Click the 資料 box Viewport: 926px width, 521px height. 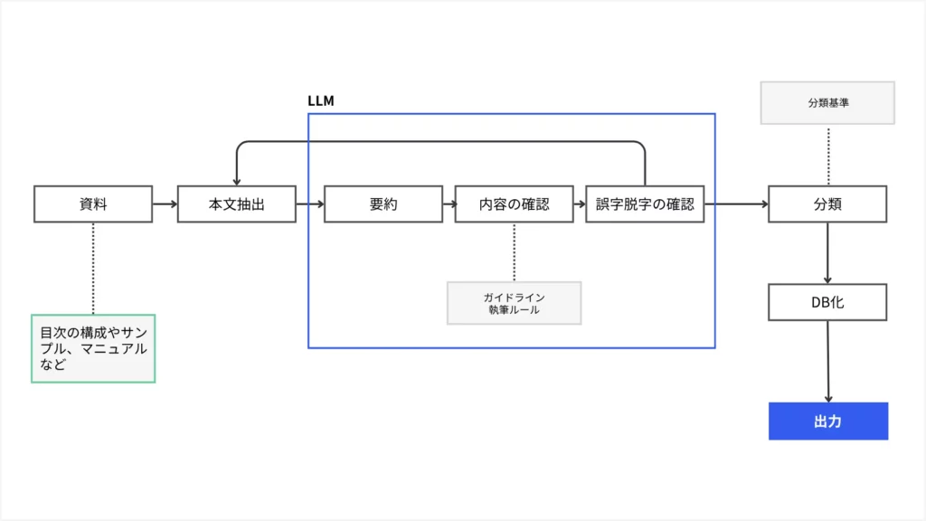click(x=93, y=204)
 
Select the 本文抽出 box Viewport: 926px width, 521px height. click(x=236, y=204)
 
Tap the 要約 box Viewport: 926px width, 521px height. click(x=383, y=204)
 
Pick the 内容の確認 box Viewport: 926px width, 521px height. click(x=514, y=204)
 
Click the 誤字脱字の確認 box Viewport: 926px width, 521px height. click(x=645, y=204)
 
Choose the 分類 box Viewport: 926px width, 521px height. click(x=827, y=204)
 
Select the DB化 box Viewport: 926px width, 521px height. click(x=827, y=302)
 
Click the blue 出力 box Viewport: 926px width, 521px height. click(x=827, y=422)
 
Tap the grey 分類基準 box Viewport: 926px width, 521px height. click(x=827, y=103)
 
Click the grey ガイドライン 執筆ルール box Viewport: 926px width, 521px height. click(x=514, y=303)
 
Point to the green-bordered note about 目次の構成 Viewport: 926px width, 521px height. click(x=93, y=348)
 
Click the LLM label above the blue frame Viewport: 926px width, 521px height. click(x=321, y=101)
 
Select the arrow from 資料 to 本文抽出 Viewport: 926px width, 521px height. click(x=165, y=204)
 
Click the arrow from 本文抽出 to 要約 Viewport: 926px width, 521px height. click(x=309, y=204)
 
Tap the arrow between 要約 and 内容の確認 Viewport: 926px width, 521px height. click(x=449, y=204)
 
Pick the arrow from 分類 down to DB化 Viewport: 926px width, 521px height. click(x=827, y=253)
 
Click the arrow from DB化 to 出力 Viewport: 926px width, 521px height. click(x=827, y=362)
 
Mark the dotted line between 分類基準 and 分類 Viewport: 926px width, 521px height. click(x=827, y=155)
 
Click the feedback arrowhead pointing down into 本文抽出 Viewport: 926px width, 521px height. click(x=236, y=180)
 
